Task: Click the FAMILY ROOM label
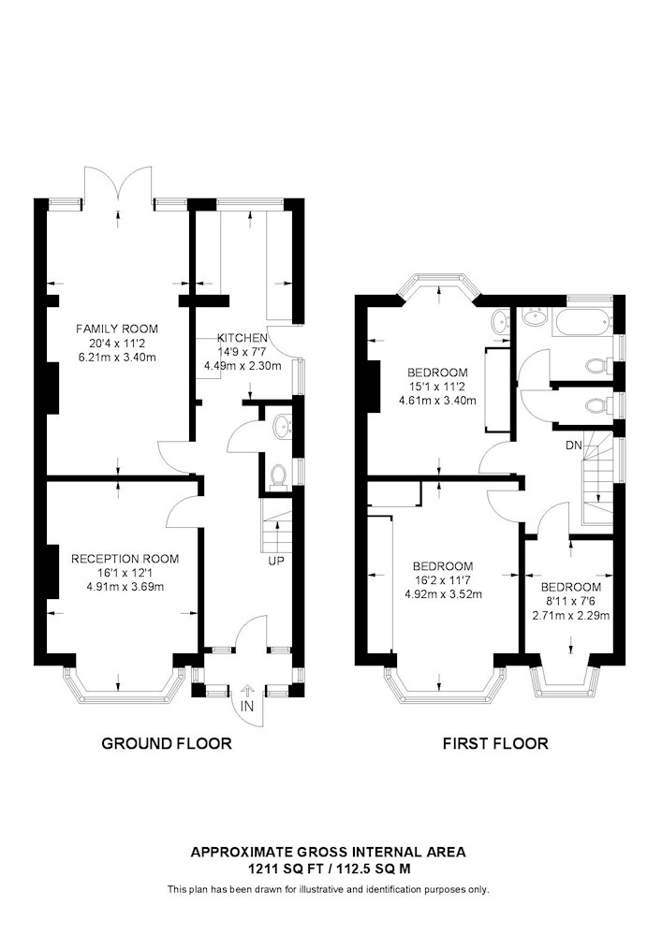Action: pyautogui.click(x=117, y=329)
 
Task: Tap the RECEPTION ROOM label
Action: pyautogui.click(x=125, y=559)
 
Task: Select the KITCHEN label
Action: pyautogui.click(x=242, y=338)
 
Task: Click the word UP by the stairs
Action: pyautogui.click(x=276, y=561)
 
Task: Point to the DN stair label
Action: pyautogui.click(x=574, y=446)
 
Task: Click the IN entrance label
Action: pyautogui.click(x=247, y=707)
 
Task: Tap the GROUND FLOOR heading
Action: pyautogui.click(x=167, y=743)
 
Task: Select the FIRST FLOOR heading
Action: pyautogui.click(x=495, y=743)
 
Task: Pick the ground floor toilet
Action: pyautogui.click(x=278, y=476)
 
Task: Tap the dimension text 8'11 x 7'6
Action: pyautogui.click(x=571, y=601)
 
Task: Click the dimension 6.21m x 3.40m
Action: pyautogui.click(x=117, y=358)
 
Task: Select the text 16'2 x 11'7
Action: pyautogui.click(x=443, y=579)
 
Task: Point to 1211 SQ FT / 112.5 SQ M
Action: pyautogui.click(x=329, y=869)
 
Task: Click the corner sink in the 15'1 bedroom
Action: pyautogui.click(x=501, y=322)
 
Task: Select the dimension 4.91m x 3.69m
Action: pyautogui.click(x=125, y=587)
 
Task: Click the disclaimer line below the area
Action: pyautogui.click(x=329, y=890)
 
